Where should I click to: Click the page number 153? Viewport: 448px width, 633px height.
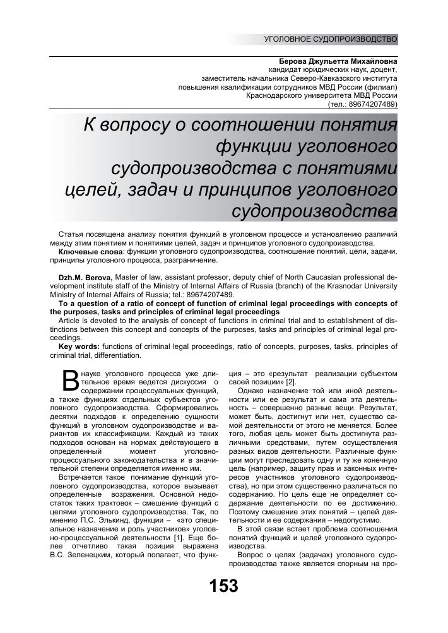point(224,586)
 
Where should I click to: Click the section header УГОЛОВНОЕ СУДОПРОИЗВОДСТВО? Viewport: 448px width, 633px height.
point(331,39)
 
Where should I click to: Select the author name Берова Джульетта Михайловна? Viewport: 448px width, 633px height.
point(333,61)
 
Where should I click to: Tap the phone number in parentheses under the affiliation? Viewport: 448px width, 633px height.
point(362,104)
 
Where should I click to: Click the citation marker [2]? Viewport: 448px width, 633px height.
point(291,383)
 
